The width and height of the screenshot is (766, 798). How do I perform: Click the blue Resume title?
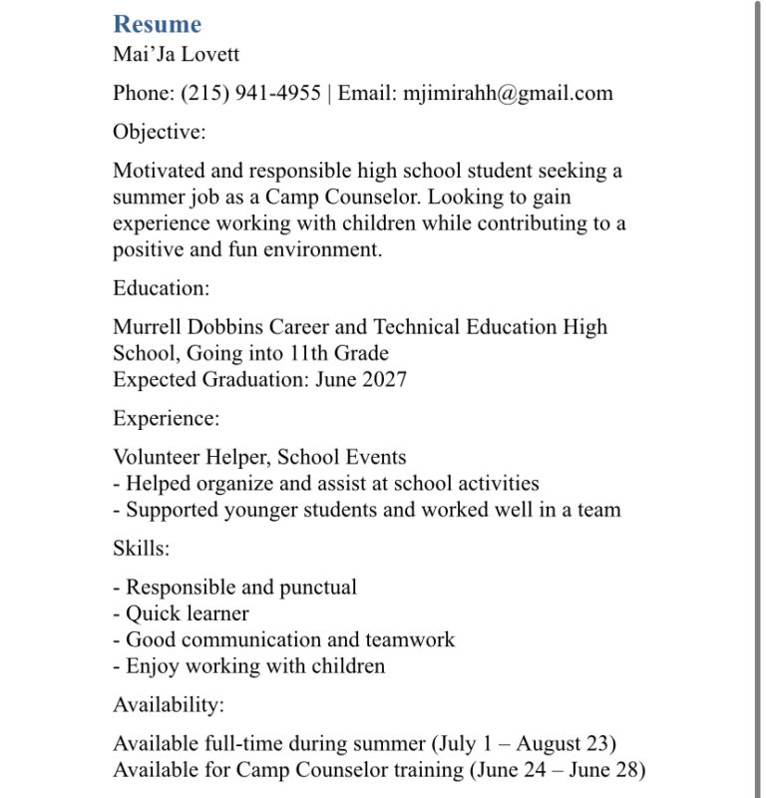157,24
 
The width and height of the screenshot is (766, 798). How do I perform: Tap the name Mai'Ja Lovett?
177,54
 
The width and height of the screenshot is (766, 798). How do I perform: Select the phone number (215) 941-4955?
250,93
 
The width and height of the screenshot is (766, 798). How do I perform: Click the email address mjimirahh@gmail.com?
508,93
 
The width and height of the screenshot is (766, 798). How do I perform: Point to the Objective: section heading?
160,132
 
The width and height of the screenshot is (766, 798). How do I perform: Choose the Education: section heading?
162,288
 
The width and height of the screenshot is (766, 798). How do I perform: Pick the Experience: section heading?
167,419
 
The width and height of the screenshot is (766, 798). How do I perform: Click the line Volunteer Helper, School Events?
259,458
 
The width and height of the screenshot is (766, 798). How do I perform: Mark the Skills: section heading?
142,549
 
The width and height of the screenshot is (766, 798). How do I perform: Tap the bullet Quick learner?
187,613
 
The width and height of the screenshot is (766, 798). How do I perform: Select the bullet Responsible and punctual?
240,588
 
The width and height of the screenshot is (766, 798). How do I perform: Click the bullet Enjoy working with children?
254,665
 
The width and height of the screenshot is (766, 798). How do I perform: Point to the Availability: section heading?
169,705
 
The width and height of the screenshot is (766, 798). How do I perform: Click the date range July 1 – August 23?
524,744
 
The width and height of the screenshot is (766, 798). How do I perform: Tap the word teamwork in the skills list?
410,639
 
